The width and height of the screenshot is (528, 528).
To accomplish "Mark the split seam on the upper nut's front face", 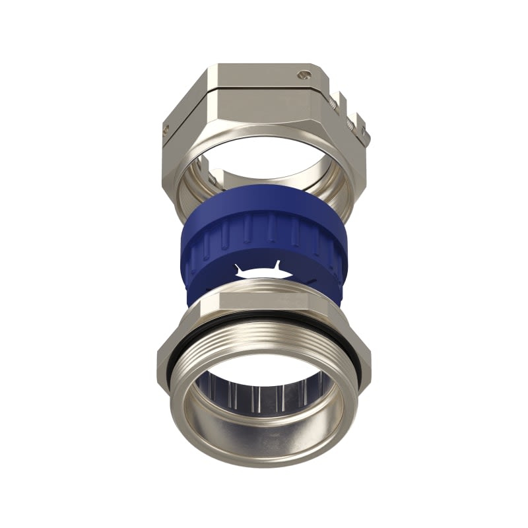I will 264,93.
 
